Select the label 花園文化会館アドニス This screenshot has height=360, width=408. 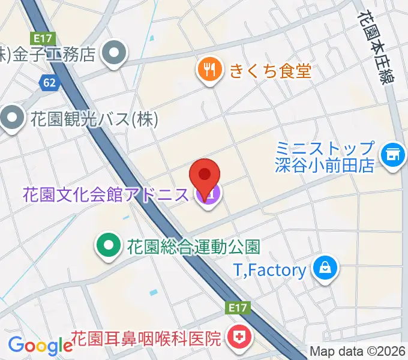tap(106, 194)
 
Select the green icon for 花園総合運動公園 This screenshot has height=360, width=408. tap(108, 245)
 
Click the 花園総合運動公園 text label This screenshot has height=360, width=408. tap(193, 247)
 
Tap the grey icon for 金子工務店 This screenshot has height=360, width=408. tap(112, 54)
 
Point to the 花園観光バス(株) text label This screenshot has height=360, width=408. tap(94, 119)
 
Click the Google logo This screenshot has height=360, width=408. tap(40, 346)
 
